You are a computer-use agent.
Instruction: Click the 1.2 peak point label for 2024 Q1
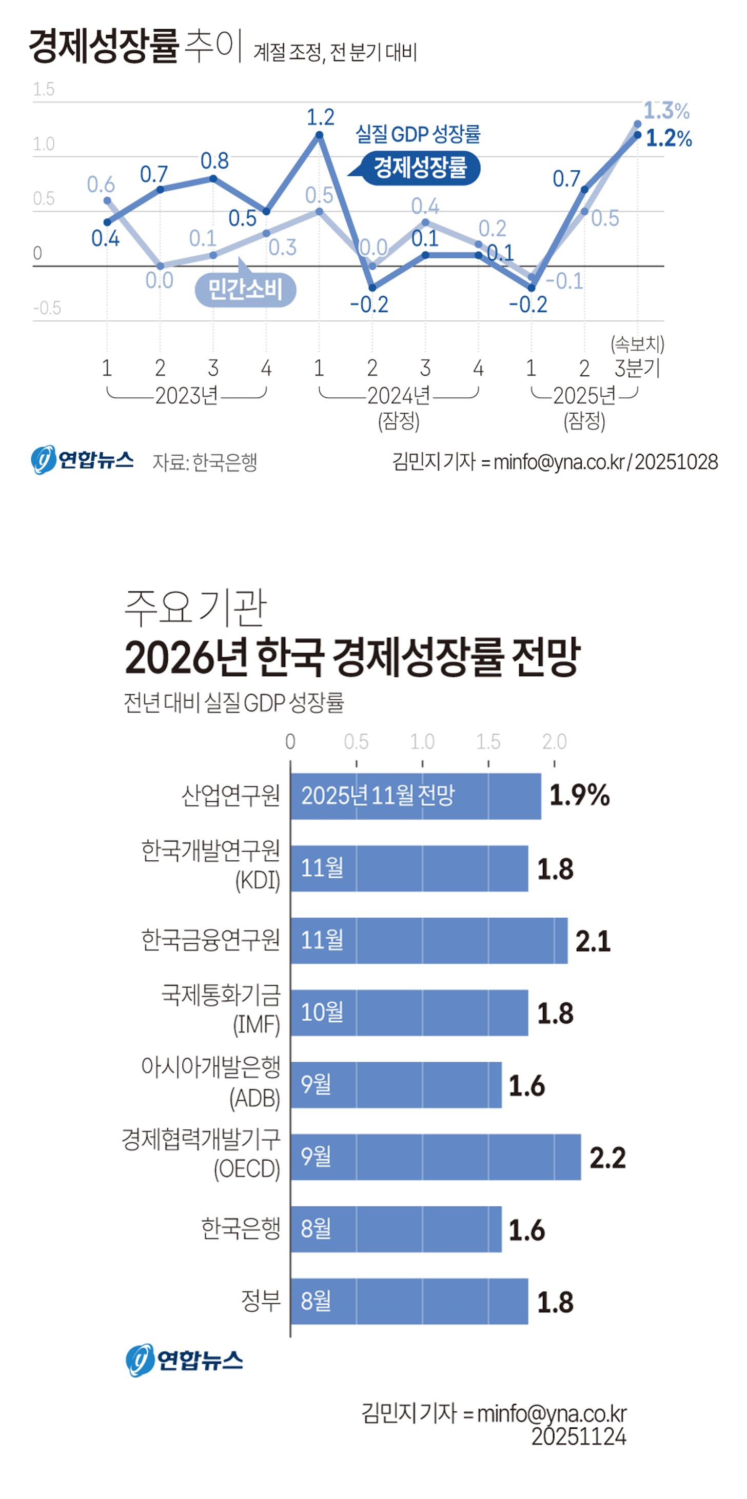320,117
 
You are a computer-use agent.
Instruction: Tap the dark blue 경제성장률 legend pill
420,168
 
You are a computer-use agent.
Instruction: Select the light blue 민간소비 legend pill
245,289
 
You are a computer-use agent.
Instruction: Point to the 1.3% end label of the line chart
666,111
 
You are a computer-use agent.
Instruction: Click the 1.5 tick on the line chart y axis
44,90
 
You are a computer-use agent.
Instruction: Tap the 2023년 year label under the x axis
186,396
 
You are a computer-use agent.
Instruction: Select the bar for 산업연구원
416,796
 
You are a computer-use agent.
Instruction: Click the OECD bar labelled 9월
436,1157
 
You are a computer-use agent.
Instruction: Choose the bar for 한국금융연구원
428,940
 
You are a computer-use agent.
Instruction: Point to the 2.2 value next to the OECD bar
607,1158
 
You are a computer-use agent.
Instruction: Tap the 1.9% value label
579,796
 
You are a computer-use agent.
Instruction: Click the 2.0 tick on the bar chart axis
554,742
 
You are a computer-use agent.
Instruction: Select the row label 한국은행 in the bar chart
241,1228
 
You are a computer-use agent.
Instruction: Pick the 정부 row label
261,1301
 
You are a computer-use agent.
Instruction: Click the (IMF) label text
256,1025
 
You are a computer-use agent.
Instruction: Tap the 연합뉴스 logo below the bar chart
184,1361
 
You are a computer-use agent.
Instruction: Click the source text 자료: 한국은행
204,462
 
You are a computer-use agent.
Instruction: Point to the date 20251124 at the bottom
579,1437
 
